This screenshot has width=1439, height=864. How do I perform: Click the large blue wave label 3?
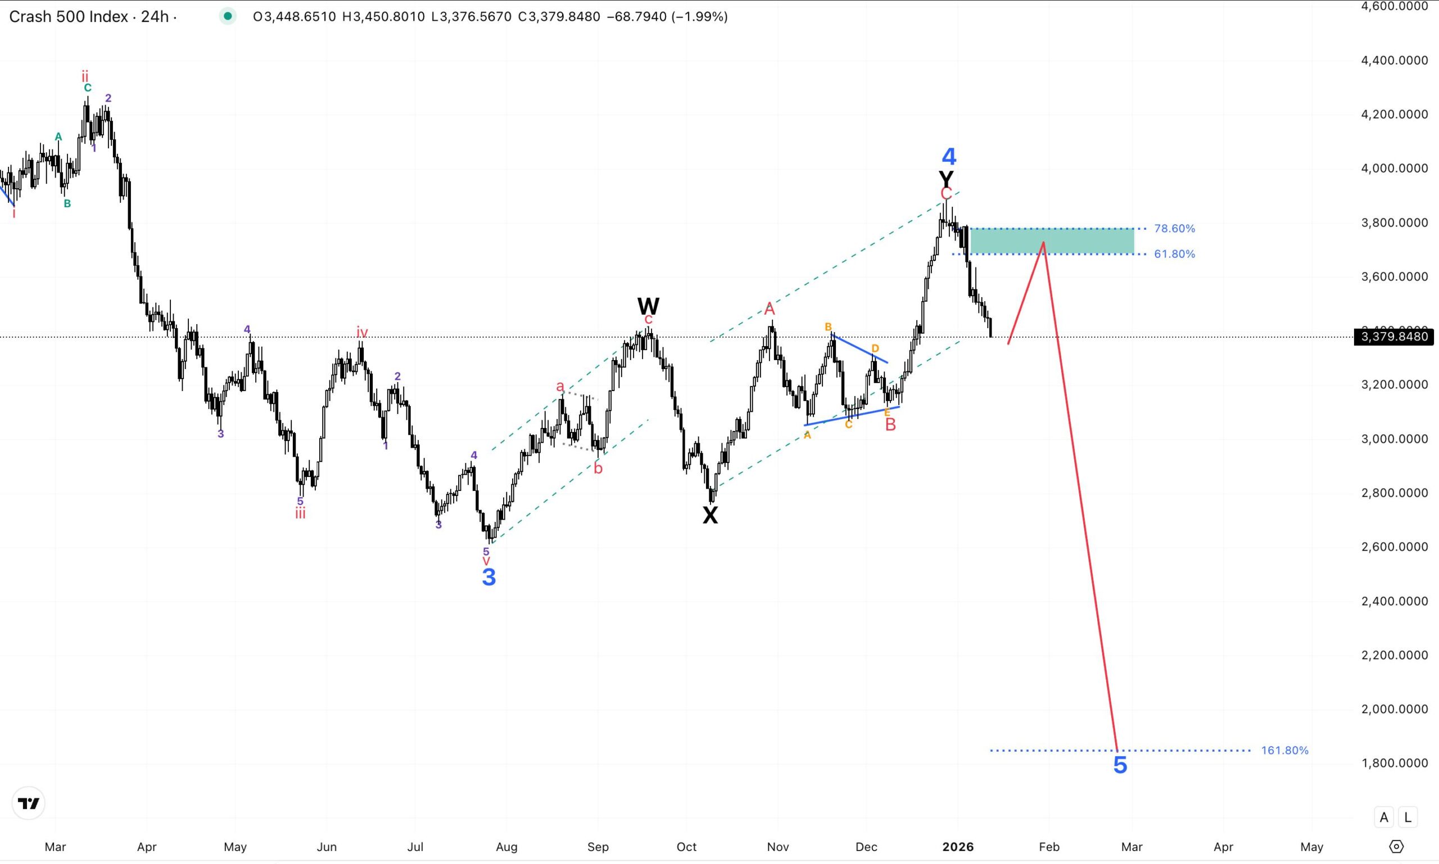[x=489, y=577]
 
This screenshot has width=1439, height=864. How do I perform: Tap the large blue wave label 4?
[x=949, y=156]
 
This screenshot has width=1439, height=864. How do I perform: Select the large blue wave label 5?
[x=1120, y=765]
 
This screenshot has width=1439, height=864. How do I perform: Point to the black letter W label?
[x=648, y=306]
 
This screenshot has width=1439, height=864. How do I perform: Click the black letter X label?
[x=709, y=515]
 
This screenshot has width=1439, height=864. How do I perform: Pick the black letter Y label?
[x=946, y=178]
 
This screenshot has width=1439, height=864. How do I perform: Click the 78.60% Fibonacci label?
[x=1174, y=229]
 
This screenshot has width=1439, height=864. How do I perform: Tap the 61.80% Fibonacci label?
[x=1174, y=254]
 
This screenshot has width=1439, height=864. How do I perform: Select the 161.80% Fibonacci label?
[x=1284, y=751]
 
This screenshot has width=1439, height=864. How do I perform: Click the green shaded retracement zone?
[x=1052, y=241]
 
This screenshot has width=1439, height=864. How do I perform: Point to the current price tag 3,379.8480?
[x=1393, y=336]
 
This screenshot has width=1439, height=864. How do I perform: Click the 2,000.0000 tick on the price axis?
[x=1393, y=709]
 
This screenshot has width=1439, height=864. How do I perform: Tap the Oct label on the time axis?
[x=686, y=847]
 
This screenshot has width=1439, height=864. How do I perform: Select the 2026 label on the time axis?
[x=958, y=847]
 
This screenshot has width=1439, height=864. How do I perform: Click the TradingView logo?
[x=28, y=803]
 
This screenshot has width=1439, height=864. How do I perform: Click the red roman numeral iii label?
[x=300, y=513]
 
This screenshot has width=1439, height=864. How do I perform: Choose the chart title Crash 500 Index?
[x=68, y=16]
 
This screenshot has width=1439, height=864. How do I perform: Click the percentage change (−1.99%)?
[x=700, y=16]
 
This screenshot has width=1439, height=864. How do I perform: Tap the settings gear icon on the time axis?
[x=1396, y=847]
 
